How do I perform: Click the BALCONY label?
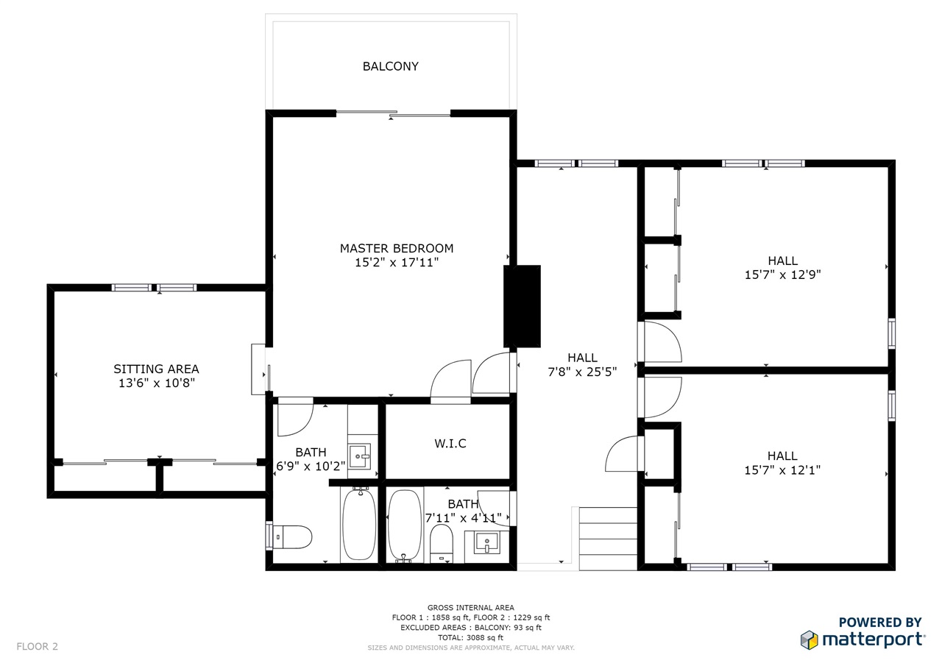point(390,66)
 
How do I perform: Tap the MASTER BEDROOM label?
point(397,249)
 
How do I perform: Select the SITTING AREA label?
point(156,369)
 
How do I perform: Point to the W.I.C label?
point(450,444)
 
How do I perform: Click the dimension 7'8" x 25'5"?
point(582,372)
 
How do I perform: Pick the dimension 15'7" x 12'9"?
point(782,275)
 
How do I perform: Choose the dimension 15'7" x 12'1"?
point(782,470)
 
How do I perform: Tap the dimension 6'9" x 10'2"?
point(311,467)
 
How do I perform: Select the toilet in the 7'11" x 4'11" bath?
point(441,544)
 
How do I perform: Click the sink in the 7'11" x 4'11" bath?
point(487,542)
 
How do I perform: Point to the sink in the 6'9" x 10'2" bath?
point(360,456)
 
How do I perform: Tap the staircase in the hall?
point(608,539)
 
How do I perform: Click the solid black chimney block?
point(522,306)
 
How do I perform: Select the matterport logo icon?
point(809,640)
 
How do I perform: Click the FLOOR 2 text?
point(37,647)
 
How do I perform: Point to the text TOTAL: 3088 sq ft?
point(470,637)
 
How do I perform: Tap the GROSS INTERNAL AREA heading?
point(470,608)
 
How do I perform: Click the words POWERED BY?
point(880,623)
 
